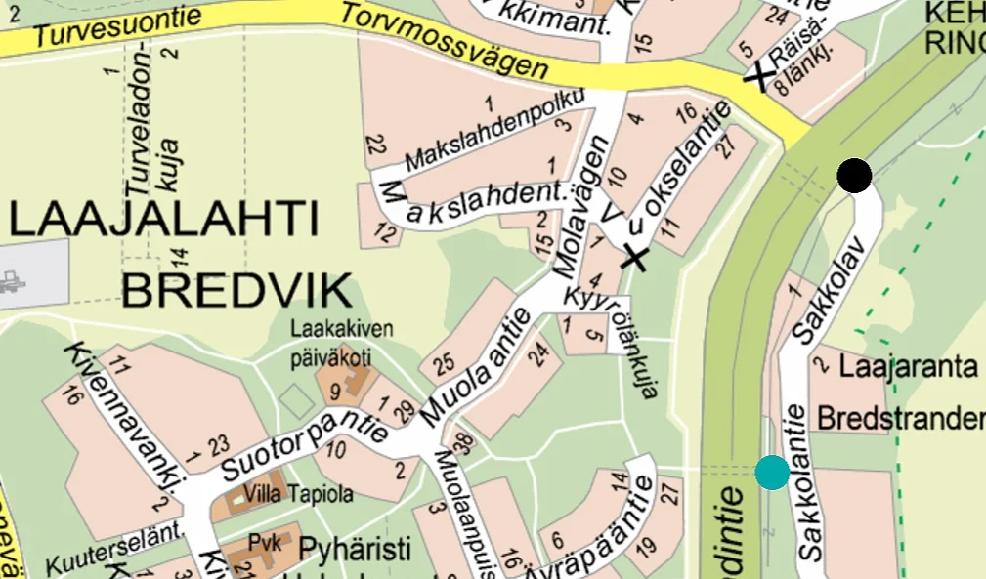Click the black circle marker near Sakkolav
coord(854,176)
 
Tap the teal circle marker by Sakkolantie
coord(772,473)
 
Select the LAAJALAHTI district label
coord(164,219)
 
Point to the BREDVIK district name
coord(237,290)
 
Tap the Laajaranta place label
coord(909,368)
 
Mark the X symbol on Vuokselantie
coord(635,258)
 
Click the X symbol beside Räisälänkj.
coord(759,76)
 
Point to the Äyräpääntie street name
coord(592,528)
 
